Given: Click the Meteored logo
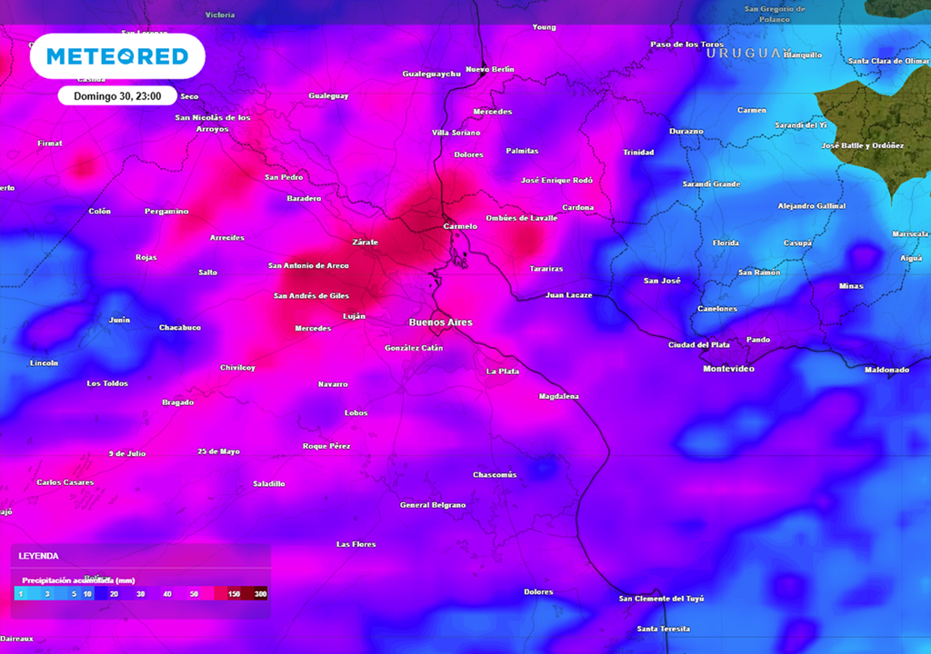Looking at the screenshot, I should coord(117,56).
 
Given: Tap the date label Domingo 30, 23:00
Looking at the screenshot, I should coord(117,95).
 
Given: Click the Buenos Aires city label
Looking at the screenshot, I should coord(440,322).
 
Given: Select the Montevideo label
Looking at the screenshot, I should coord(728,369).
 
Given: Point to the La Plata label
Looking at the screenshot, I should coord(502,371).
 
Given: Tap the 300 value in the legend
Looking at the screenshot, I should coord(260,593).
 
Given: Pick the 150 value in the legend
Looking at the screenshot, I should coord(235,593).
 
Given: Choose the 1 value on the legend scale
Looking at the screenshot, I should coord(20,593).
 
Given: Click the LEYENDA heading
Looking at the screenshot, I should coord(39,555).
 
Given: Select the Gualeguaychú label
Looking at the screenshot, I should coord(432,74).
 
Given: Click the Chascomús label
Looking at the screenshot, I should coord(495,474).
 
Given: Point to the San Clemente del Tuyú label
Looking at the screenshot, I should coord(661,599).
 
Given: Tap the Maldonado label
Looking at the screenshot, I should coord(886,370).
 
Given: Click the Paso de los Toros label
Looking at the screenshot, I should coord(687,45).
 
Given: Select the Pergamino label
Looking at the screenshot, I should coord(166,211).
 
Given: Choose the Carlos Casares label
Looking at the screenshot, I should coord(65,482).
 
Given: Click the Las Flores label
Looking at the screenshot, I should coord(355,544).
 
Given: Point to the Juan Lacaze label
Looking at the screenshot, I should coord(568,295).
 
